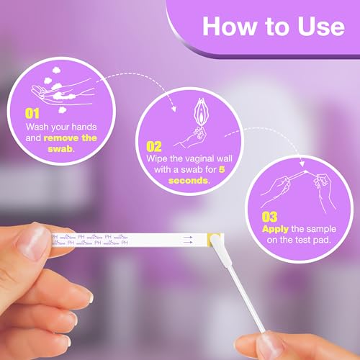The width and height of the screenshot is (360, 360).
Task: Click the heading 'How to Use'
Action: coord(273,27)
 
